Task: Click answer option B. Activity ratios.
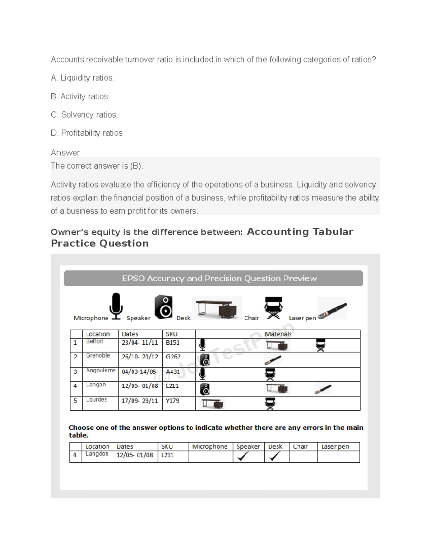pos(80,96)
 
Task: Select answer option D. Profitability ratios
pos(87,133)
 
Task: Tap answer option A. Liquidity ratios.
pos(83,78)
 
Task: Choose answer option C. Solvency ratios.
pos(84,115)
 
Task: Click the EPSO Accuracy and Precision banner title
pos(219,278)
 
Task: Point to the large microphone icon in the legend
pos(116,306)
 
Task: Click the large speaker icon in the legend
pos(163,307)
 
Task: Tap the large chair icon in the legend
pos(273,308)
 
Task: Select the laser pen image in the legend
pos(332,308)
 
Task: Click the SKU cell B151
pos(172,343)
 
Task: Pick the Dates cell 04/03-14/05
pos(139,372)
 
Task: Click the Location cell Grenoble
pos(98,355)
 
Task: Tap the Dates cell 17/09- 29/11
pos(140,401)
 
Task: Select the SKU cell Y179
pos(172,401)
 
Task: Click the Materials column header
pos(278,334)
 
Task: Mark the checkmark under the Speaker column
pos(243,456)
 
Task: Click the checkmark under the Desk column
pos(274,456)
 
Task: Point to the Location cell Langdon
pos(97,454)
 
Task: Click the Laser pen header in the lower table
pos(335,447)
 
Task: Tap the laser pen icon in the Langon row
pos(323,389)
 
